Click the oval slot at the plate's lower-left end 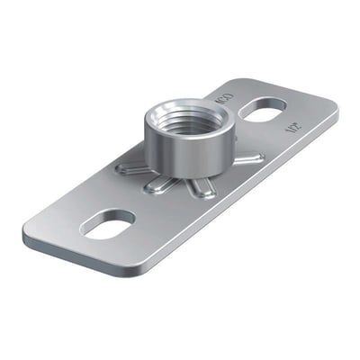107,221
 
